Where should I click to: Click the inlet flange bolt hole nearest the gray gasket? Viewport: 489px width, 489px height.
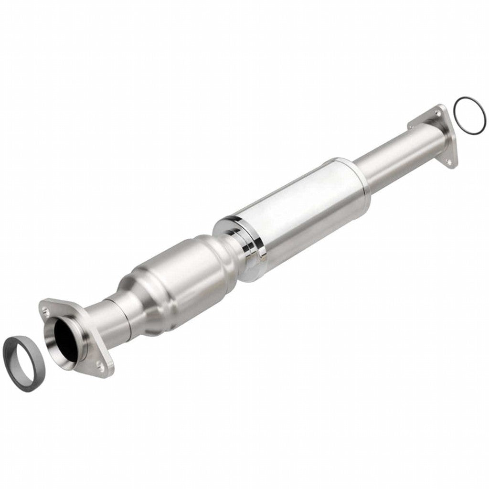tap(46, 311)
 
